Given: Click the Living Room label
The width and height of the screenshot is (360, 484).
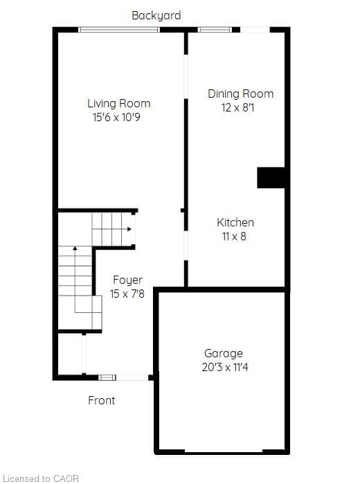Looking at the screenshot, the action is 119,103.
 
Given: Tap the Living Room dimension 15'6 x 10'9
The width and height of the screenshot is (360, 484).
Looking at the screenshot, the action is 116,117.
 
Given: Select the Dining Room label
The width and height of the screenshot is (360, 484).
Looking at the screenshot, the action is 241,94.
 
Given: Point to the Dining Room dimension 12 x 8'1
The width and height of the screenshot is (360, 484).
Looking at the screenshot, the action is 237,108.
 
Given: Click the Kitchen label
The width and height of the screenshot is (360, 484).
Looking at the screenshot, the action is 235,222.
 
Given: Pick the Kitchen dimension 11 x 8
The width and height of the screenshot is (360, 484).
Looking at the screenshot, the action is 234,236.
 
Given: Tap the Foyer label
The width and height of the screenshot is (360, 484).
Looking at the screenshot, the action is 128,280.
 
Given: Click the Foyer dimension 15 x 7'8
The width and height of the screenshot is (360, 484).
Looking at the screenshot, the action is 127,294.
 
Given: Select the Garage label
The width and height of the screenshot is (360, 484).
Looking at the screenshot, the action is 224,353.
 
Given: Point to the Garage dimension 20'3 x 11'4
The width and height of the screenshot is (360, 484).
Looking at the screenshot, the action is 225,367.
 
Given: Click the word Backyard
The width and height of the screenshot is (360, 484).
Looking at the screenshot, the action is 156,15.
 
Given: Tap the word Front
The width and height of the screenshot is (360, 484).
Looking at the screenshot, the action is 102,400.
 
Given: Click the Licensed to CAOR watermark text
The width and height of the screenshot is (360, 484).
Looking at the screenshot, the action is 41,478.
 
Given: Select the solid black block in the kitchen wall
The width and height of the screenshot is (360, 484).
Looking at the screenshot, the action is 271,177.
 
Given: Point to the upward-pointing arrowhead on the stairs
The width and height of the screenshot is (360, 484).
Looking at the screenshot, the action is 75,248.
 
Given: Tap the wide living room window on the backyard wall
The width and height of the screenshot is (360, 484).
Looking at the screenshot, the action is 119,30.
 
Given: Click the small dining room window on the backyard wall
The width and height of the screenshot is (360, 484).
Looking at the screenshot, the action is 215,30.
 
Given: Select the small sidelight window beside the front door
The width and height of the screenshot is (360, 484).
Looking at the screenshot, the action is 107,377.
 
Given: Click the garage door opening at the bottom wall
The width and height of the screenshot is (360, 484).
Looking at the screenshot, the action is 224,452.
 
